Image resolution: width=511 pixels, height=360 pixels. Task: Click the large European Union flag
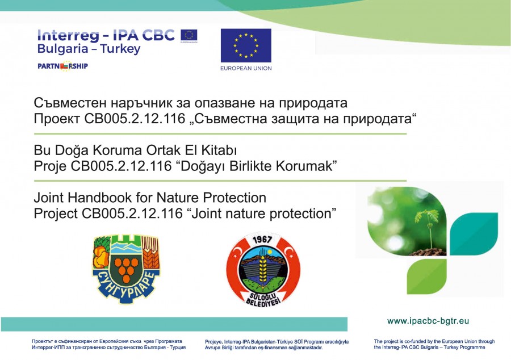tap(246, 45)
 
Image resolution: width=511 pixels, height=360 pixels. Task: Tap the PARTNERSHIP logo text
tap(62, 66)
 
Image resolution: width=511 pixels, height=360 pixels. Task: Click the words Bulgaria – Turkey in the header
tap(89, 49)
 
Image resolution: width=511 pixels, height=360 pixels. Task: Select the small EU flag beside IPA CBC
tap(189, 35)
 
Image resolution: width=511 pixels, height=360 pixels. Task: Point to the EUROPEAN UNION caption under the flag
tap(246, 68)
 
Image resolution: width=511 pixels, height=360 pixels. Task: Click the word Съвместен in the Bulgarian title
tap(70, 103)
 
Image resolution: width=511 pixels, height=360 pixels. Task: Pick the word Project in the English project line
tap(56, 214)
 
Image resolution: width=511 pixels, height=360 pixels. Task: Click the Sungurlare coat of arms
tap(126, 269)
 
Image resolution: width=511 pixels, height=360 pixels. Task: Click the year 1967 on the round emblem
tap(262, 240)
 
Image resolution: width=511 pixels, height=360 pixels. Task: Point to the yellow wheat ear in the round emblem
tap(263, 269)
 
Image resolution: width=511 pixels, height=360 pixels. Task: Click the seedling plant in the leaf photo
tap(428, 228)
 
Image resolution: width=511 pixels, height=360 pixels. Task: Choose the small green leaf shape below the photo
tap(427, 277)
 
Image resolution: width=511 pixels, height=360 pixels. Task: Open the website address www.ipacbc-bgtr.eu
tap(428, 321)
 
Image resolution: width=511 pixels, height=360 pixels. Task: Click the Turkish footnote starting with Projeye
tap(277, 345)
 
